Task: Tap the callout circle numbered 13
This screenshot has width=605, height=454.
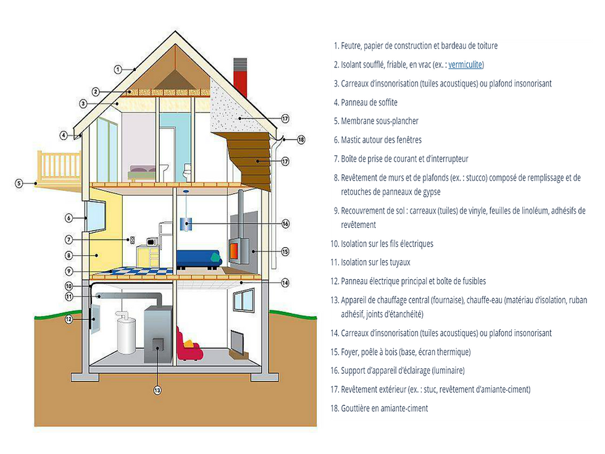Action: click(157, 390)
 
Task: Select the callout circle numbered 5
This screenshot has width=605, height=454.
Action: click(19, 183)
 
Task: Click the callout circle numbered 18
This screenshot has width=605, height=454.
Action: click(301, 140)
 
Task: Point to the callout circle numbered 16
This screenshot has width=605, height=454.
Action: click(285, 223)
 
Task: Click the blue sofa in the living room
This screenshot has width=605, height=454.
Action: click(198, 257)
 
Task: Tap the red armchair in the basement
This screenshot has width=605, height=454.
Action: click(189, 346)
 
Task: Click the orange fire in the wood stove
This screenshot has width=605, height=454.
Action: click(235, 250)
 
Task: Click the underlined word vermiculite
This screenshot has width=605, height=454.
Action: click(465, 64)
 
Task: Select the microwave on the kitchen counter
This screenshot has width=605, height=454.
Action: click(151, 241)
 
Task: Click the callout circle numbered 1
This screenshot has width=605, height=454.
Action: click(117, 70)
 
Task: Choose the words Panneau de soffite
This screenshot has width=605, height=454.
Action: click(369, 102)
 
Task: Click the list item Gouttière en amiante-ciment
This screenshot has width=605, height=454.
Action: click(384, 408)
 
